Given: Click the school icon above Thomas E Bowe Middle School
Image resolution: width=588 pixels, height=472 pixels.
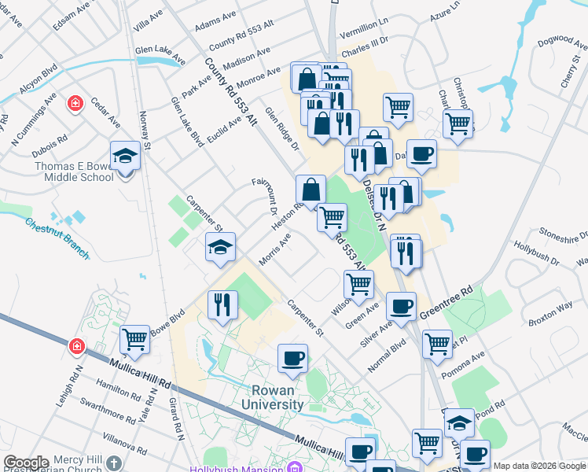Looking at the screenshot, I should tap(125, 156).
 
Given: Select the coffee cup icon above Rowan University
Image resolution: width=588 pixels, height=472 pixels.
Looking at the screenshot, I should tap(292, 359).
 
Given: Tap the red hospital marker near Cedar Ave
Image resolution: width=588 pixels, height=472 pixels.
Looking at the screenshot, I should tap(75, 103).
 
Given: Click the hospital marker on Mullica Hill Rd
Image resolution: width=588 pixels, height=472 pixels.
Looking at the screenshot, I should tap(77, 345).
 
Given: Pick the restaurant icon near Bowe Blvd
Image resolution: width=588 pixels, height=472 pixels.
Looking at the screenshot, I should tap(222, 305).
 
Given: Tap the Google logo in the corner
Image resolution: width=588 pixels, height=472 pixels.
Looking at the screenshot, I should tap(26, 463).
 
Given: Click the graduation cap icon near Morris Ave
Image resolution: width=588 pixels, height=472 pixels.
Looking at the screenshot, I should tap(220, 248).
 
